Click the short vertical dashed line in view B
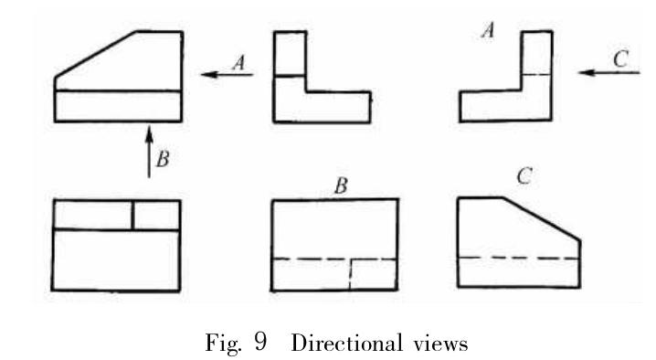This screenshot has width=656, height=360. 351,274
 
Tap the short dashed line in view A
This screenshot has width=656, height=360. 536,73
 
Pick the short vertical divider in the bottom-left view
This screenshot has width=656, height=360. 133,214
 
